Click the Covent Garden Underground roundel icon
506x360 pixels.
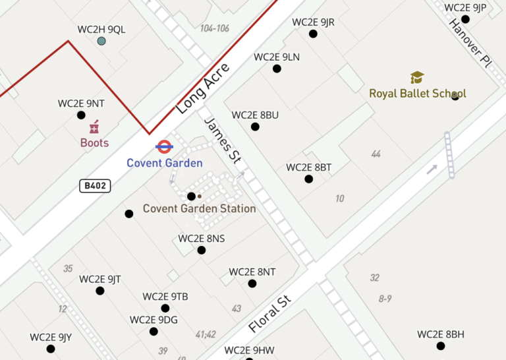164,147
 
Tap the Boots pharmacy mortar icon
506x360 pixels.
94,127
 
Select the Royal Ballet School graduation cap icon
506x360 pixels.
417,78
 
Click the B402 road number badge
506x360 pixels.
95,186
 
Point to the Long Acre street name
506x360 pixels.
203,89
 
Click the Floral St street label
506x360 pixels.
269,315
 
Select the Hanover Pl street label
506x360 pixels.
470,42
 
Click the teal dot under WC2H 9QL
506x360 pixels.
101,42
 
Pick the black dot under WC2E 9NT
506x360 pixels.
81,115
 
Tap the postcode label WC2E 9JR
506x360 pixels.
313,22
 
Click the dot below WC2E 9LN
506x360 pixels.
277,69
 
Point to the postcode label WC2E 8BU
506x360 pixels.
255,115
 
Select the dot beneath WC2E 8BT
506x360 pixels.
308,179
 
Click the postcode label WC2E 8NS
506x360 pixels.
202,239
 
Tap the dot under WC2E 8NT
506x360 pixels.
252,284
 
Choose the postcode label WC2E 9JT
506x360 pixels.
100,279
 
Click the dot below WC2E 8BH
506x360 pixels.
441,346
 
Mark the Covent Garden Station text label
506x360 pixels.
199,209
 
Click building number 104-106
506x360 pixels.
215,28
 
